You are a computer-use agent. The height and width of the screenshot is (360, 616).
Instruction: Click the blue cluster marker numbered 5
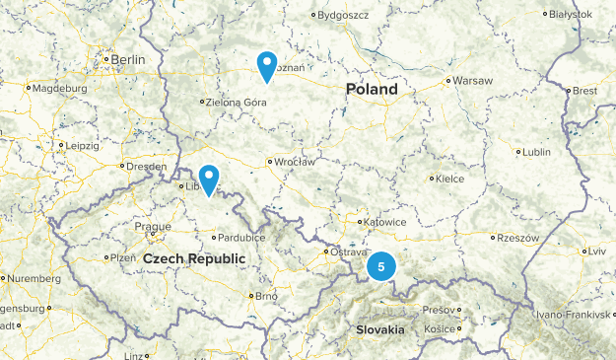click(380, 266)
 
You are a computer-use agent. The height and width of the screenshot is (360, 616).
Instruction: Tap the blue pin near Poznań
click(266, 65)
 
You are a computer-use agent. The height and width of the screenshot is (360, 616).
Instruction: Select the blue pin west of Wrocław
click(208, 179)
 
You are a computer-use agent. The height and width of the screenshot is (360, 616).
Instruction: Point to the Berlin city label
click(127, 60)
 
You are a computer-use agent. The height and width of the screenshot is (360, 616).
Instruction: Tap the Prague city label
click(153, 226)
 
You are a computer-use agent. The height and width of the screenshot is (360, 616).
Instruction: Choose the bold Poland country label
click(373, 90)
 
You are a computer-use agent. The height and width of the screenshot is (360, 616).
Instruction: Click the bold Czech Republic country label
click(193, 258)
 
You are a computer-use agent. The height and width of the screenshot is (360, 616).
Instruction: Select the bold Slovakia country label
click(379, 329)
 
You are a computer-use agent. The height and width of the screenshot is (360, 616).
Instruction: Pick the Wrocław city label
click(295, 162)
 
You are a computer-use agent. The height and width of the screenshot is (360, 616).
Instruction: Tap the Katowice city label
click(384, 222)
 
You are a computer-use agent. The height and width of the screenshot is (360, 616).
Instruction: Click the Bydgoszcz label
click(344, 15)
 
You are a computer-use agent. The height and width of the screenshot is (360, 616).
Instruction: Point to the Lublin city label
click(536, 152)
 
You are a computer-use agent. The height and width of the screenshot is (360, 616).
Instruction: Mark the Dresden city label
click(146, 167)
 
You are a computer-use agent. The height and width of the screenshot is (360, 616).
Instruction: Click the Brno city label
click(266, 295)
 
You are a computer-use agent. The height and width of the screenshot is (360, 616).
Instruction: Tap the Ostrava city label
click(347, 252)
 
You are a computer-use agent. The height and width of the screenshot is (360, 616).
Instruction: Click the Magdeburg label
click(60, 88)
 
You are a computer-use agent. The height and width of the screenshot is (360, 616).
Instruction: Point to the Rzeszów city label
click(517, 238)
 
